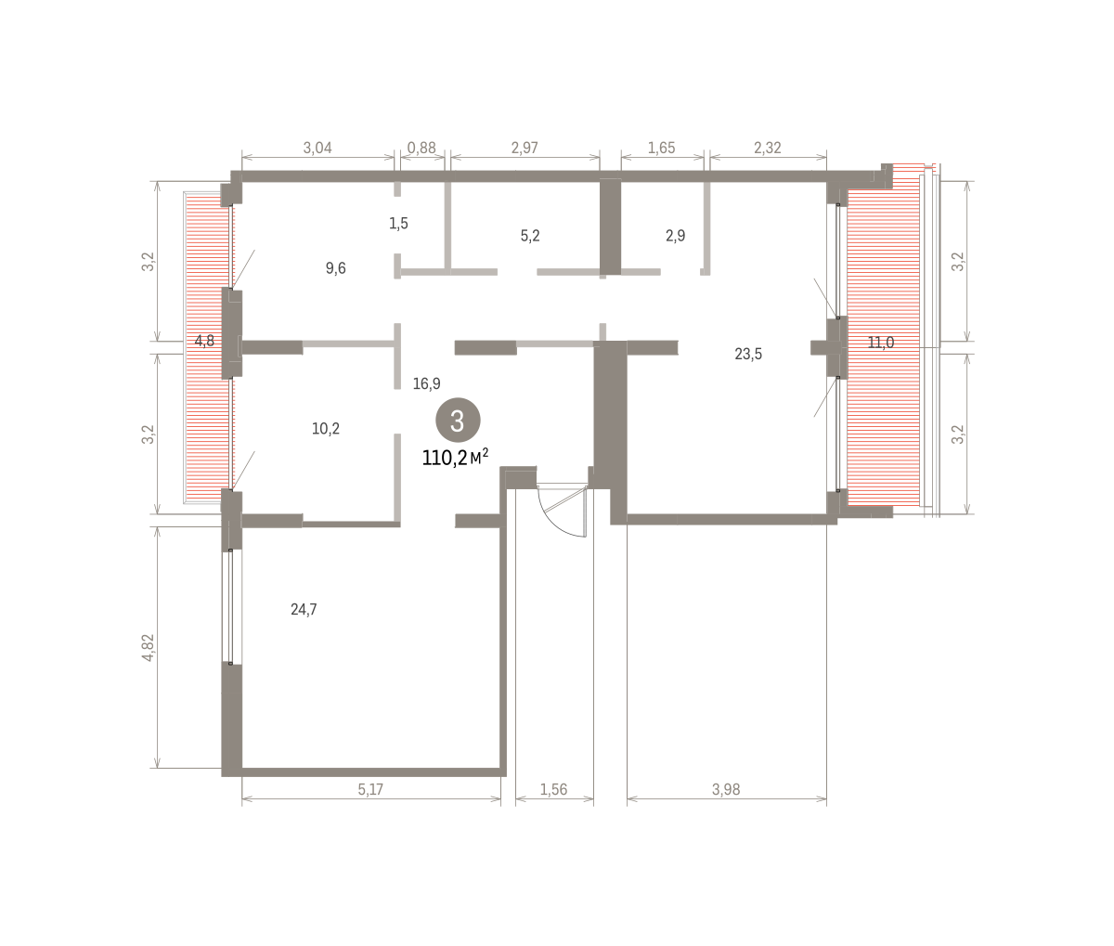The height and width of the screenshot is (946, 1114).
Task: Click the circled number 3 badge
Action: click(458, 421)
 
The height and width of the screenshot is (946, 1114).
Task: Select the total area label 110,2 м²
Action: click(456, 458)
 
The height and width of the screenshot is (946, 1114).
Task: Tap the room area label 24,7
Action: click(304, 610)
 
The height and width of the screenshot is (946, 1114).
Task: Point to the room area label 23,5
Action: click(748, 354)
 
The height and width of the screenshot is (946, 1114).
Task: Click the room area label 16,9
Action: click(426, 383)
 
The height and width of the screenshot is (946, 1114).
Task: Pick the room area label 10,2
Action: click(326, 429)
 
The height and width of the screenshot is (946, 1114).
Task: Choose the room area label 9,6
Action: click(335, 268)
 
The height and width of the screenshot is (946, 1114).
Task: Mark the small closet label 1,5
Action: click(398, 223)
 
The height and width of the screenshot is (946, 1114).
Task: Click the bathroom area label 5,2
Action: click(530, 236)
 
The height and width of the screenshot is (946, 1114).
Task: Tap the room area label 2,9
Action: click(675, 236)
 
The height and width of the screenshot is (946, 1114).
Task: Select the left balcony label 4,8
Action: click(204, 341)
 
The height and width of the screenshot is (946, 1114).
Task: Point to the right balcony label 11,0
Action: click(881, 343)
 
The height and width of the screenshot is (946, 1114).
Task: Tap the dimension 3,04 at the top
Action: click(317, 148)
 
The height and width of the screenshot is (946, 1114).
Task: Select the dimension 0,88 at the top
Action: click(421, 148)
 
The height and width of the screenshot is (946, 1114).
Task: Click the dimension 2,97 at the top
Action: click(525, 148)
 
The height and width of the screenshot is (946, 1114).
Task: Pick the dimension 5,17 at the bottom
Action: click(370, 790)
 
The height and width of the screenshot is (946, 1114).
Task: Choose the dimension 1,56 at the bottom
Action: click(553, 790)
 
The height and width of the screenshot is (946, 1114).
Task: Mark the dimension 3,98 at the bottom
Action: click(726, 790)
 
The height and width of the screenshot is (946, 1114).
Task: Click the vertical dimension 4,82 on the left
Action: click(148, 647)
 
